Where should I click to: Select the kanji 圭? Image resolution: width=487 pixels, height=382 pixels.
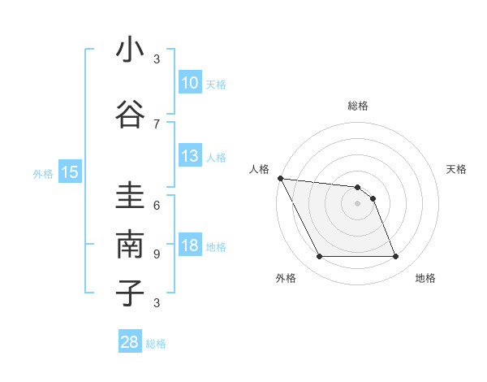130,198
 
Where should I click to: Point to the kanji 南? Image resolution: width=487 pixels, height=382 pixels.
130,245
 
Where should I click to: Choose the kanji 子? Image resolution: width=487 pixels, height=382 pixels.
130,293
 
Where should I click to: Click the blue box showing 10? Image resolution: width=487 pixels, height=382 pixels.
190,83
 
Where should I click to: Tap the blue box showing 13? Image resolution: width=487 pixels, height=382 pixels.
190,156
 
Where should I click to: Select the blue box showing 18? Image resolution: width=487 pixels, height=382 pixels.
190,246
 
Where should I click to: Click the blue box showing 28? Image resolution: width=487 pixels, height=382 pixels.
130,342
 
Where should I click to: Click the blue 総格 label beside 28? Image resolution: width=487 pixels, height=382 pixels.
157,344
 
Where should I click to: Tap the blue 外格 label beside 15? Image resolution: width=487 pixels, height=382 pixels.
43,173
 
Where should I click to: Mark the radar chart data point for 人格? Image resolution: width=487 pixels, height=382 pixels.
280,178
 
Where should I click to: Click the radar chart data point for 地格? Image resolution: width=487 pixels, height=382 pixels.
396,257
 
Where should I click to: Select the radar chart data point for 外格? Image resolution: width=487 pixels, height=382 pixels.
319,257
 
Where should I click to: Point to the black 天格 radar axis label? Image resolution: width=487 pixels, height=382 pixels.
457,169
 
